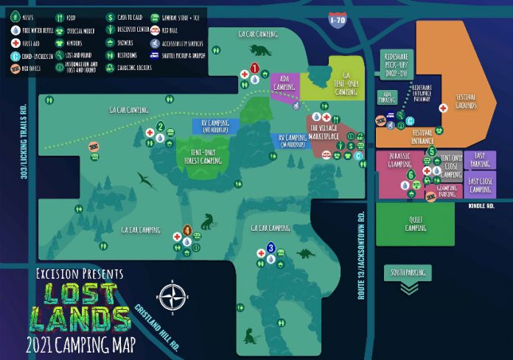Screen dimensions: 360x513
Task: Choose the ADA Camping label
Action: coord(285,83)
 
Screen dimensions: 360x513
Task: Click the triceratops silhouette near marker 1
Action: coord(260,50)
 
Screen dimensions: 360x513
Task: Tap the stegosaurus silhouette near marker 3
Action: coord(304,254)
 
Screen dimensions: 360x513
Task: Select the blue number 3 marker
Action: coord(271,248)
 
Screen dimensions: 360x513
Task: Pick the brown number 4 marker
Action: coord(187,230)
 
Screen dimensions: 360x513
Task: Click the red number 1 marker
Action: coord(254,68)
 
